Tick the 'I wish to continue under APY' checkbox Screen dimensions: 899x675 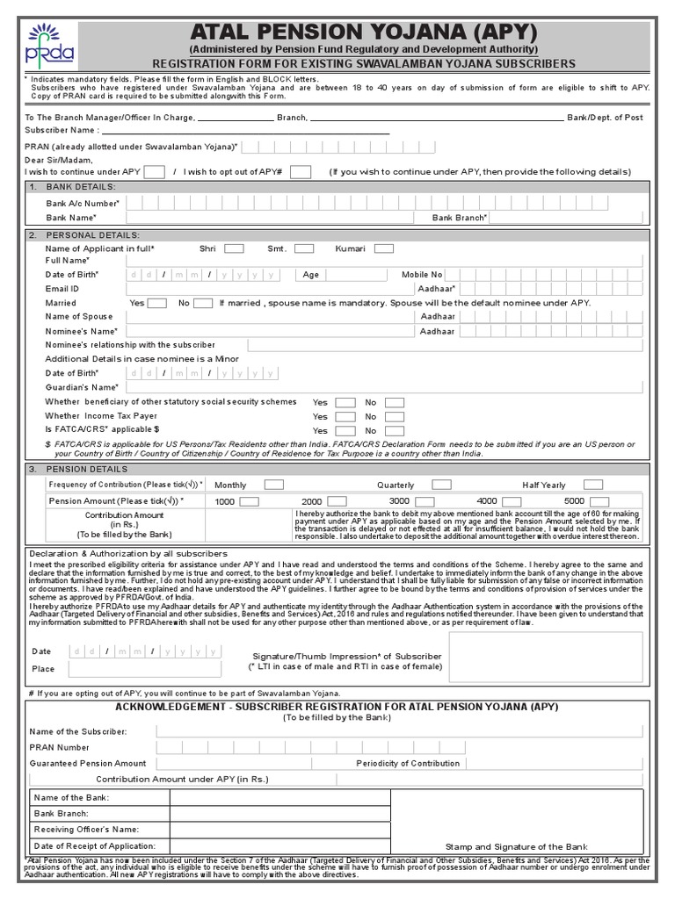tap(153, 172)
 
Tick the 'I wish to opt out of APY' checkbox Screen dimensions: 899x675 tap(300, 172)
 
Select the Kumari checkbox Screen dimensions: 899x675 tap(383, 248)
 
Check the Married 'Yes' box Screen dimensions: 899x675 tap(157, 303)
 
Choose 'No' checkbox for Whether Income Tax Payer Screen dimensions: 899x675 tap(395, 416)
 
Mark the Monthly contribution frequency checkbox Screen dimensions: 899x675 tap(274, 485)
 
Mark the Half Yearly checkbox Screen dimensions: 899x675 tap(593, 485)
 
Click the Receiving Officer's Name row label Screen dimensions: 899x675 tap(87, 828)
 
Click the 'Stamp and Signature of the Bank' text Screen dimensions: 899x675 tap(516, 846)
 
